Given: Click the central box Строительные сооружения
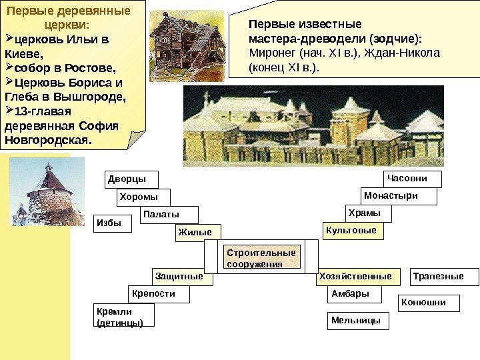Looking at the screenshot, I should pyautogui.click(x=262, y=258).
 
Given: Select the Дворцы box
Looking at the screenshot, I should pyautogui.click(x=125, y=180).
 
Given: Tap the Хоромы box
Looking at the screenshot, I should pyautogui.click(x=143, y=197).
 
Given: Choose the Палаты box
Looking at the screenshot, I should pyautogui.click(x=170, y=215).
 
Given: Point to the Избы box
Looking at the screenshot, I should pyautogui.click(x=113, y=223).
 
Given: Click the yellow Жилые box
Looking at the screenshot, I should pyautogui.click(x=197, y=232).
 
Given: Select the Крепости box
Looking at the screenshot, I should pyautogui.click(x=158, y=294).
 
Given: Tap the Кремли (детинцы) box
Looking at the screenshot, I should pyautogui.click(x=125, y=316).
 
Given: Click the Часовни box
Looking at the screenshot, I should pyautogui.click(x=413, y=179).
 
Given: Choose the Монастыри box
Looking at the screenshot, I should pyautogui.click(x=399, y=196).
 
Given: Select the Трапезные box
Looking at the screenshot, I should pyautogui.click(x=437, y=276).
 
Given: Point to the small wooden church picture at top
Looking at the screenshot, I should pyautogui.click(x=173, y=39).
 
